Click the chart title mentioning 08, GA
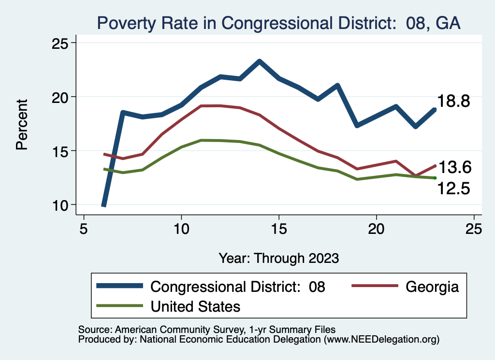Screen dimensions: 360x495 pyautogui.click(x=278, y=23)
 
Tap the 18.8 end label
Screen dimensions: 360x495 pyautogui.click(x=454, y=101)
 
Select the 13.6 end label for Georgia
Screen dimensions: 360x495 pyautogui.click(x=454, y=167)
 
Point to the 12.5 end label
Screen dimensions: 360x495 pyautogui.click(x=454, y=188)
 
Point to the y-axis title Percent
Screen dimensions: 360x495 pyautogui.click(x=22, y=124)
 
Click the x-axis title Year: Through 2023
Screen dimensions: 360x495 pyautogui.click(x=278, y=258)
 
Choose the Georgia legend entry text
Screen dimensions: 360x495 pyautogui.click(x=432, y=287)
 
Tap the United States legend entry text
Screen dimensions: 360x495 pyautogui.click(x=196, y=306)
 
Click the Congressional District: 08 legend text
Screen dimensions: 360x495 pyautogui.click(x=238, y=287)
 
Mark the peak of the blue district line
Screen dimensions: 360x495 pyautogui.click(x=260, y=61)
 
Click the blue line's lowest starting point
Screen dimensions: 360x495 pyautogui.click(x=103, y=205)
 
